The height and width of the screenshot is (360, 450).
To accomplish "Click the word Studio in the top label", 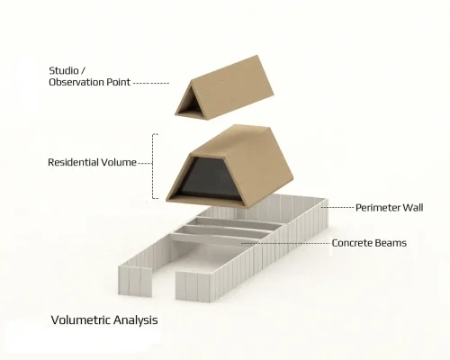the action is [64, 71].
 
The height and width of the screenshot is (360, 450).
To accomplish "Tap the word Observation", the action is [72, 82].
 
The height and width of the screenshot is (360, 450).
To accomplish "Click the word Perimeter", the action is [377, 208].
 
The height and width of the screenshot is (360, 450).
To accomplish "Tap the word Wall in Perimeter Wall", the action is [413, 208].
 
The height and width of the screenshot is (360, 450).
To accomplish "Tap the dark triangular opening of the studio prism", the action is [190, 105].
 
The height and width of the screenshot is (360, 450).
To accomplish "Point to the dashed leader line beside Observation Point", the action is [151, 83].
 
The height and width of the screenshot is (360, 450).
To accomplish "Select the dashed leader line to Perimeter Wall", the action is [337, 208].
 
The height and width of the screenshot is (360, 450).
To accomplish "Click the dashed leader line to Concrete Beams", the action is [285, 243].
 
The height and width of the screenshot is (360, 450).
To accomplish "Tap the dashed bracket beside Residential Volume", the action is [153, 166].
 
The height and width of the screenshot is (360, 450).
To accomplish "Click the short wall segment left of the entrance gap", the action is [135, 282].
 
